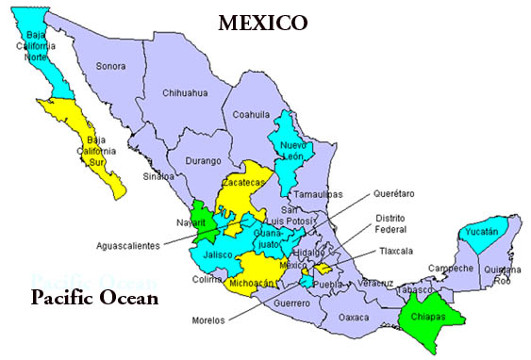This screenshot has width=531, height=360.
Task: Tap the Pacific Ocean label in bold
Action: click(92, 299)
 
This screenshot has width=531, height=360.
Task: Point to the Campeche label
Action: click(445, 269)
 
